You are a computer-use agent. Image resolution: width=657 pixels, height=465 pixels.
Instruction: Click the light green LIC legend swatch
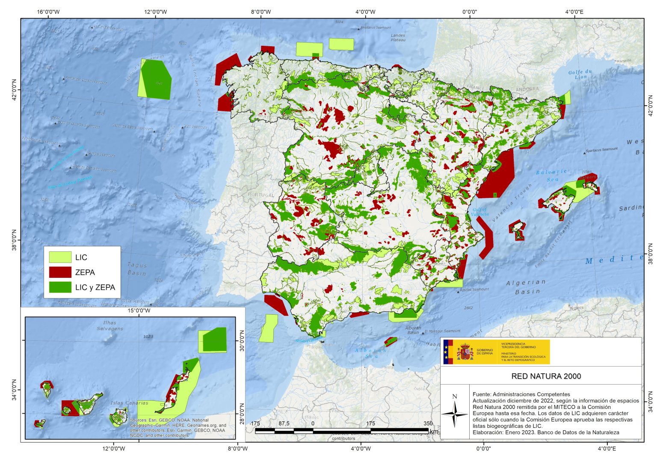(60, 257)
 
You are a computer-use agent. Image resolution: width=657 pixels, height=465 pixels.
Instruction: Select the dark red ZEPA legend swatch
(60, 272)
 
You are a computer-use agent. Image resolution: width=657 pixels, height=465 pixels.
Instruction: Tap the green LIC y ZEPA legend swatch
(60, 287)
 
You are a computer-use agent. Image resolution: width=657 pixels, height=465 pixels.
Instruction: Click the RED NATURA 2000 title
(546, 376)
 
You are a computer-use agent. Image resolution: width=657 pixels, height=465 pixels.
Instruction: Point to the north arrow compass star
(455, 414)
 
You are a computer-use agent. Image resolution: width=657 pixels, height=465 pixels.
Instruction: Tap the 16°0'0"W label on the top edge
(48, 12)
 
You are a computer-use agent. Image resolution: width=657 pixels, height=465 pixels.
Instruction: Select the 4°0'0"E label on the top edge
(574, 12)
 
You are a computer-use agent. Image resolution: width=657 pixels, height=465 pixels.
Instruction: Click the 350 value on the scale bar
(428, 423)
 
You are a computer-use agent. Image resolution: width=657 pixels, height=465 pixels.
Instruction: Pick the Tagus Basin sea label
(137, 269)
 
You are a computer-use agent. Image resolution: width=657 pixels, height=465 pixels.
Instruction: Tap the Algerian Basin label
(527, 287)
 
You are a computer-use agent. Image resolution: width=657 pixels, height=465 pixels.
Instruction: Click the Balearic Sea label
(552, 175)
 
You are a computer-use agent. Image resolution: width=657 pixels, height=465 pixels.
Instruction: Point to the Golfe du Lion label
(580, 75)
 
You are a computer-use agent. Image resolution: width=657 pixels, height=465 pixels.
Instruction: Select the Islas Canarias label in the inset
(129, 403)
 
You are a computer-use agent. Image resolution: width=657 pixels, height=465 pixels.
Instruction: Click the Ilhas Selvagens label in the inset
(110, 326)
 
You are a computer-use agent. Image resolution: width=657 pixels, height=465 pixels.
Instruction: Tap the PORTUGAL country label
(261, 195)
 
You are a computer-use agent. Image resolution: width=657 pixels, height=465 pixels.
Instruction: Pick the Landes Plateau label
(398, 38)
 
